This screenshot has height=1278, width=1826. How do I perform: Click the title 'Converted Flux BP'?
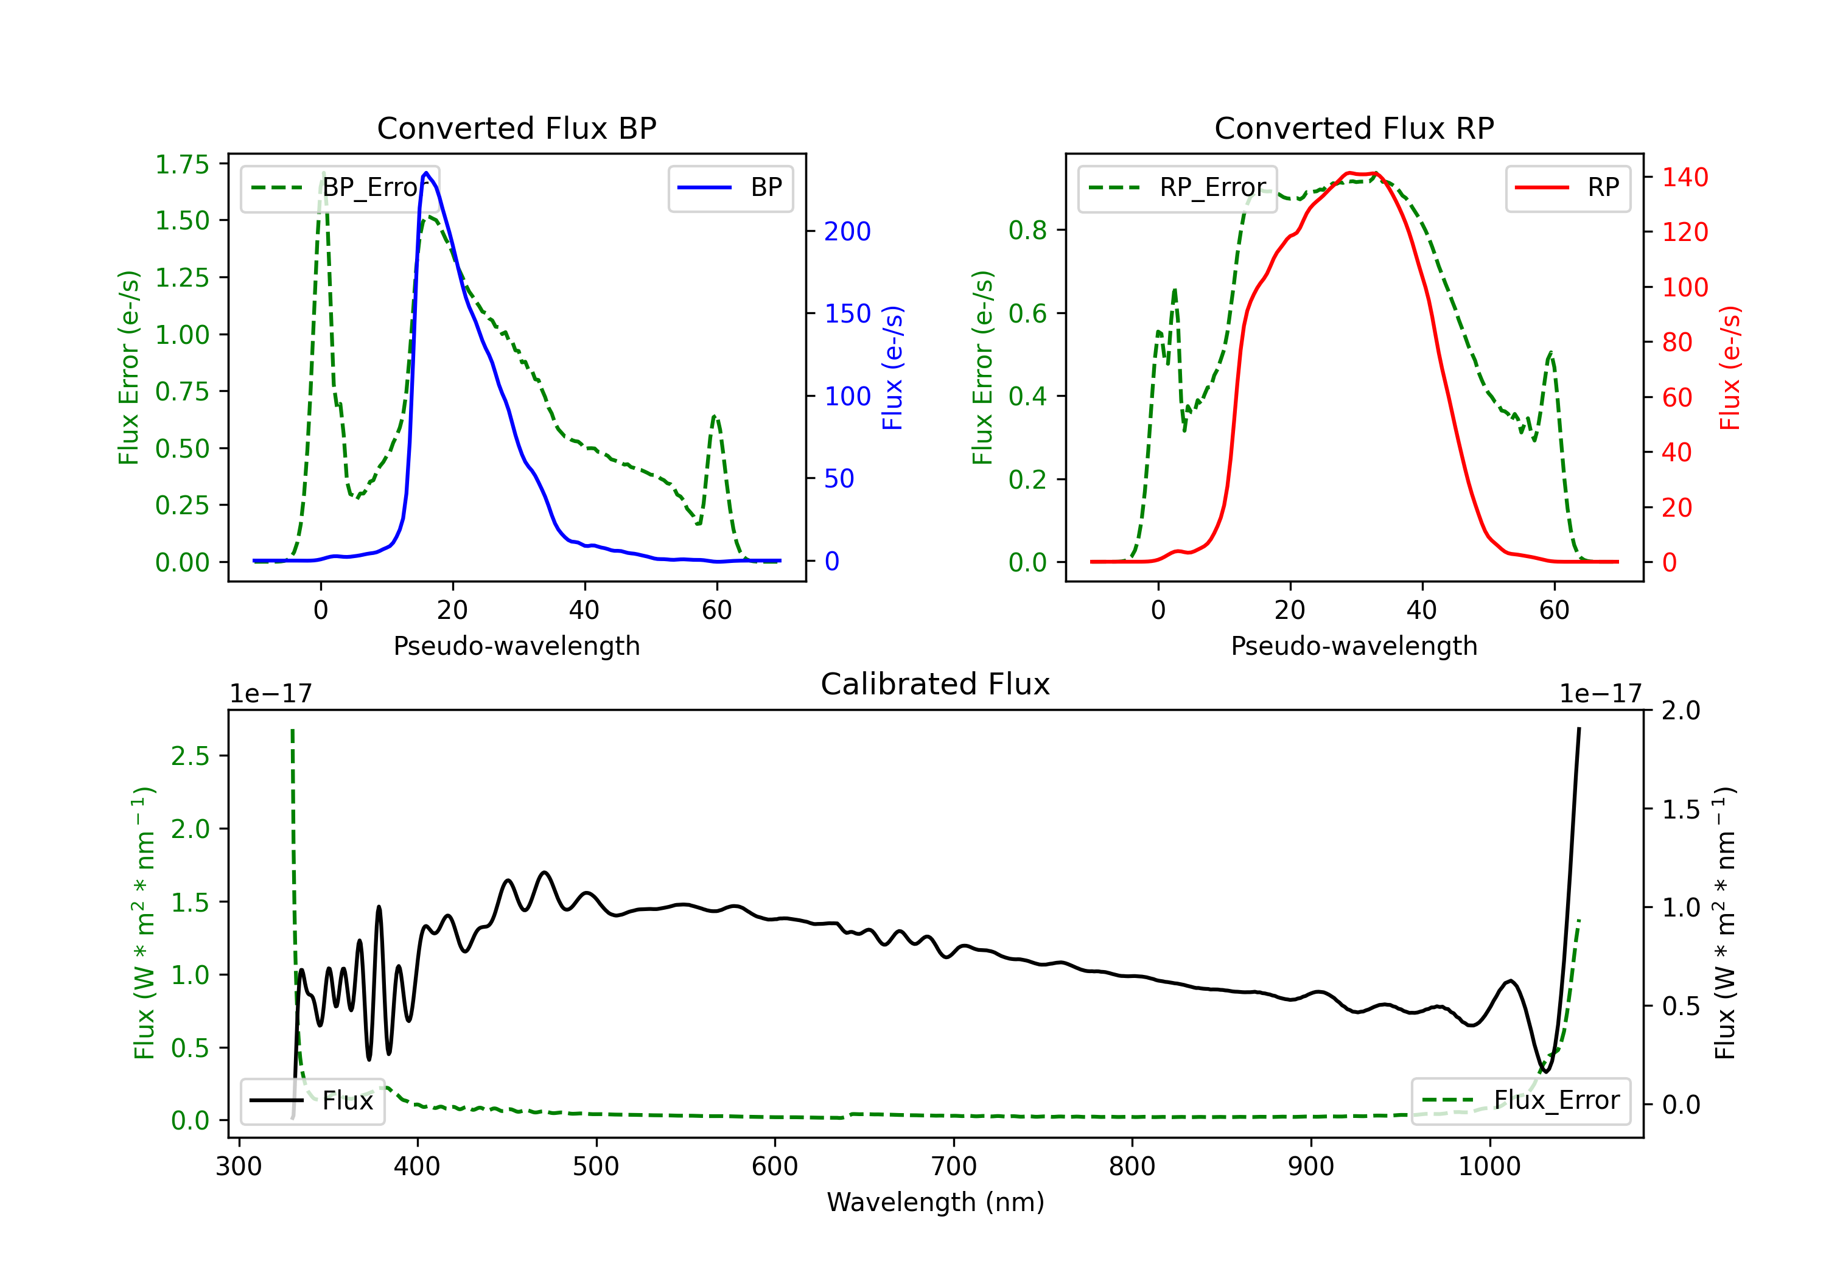(516, 128)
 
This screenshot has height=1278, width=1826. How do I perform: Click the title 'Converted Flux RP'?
(1354, 128)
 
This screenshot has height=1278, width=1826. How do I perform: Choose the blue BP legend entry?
(730, 187)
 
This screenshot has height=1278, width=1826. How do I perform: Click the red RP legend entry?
(1567, 187)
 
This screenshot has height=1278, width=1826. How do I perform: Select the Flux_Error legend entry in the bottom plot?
(1520, 1101)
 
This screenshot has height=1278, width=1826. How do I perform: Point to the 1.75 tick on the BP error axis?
(181, 165)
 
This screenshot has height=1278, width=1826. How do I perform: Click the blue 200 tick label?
(847, 231)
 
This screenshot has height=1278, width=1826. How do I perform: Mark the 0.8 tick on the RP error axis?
(1027, 231)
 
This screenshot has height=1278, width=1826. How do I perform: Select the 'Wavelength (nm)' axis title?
(936, 1203)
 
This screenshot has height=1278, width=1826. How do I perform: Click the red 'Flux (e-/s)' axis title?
(1730, 368)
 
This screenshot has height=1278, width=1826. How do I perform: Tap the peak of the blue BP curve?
(426, 173)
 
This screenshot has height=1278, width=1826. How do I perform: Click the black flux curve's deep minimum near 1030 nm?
(1545, 1071)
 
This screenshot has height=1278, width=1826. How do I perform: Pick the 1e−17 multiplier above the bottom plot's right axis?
(1600, 694)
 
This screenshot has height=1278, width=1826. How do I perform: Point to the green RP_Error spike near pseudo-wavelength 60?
(1550, 352)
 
